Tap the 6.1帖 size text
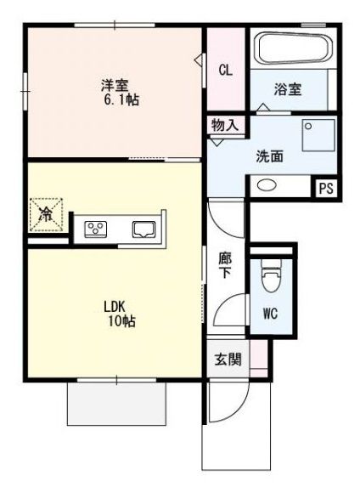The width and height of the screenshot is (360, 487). click(x=122, y=99)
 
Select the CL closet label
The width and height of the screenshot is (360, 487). click(x=225, y=71)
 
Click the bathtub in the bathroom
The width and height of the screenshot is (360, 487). click(x=290, y=51)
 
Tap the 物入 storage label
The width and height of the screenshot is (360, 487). click(x=225, y=125)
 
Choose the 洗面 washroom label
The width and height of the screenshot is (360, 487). click(x=270, y=156)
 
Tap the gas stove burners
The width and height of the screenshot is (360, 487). click(x=97, y=228)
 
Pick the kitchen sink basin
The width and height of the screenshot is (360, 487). click(x=143, y=228)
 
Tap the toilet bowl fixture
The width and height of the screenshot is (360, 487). click(x=271, y=279)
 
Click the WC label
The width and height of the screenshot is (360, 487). click(x=270, y=313)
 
